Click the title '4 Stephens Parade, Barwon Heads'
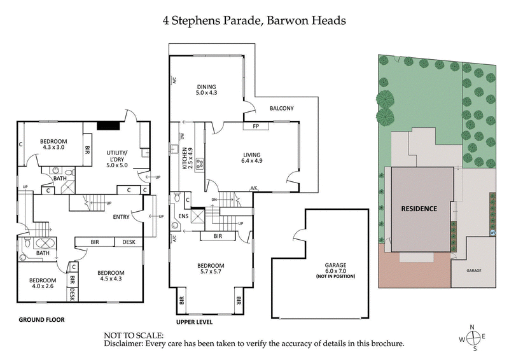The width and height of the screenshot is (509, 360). [254, 20]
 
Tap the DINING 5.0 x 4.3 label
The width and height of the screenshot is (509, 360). [206, 90]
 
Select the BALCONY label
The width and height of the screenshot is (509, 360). [281, 108]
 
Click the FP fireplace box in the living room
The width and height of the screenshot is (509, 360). [256, 126]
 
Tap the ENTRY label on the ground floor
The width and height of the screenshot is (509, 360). [121, 217]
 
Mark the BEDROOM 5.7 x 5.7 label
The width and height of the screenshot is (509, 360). [211, 270]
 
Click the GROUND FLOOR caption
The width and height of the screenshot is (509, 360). [41, 319]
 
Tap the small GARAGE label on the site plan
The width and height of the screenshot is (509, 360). [474, 270]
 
